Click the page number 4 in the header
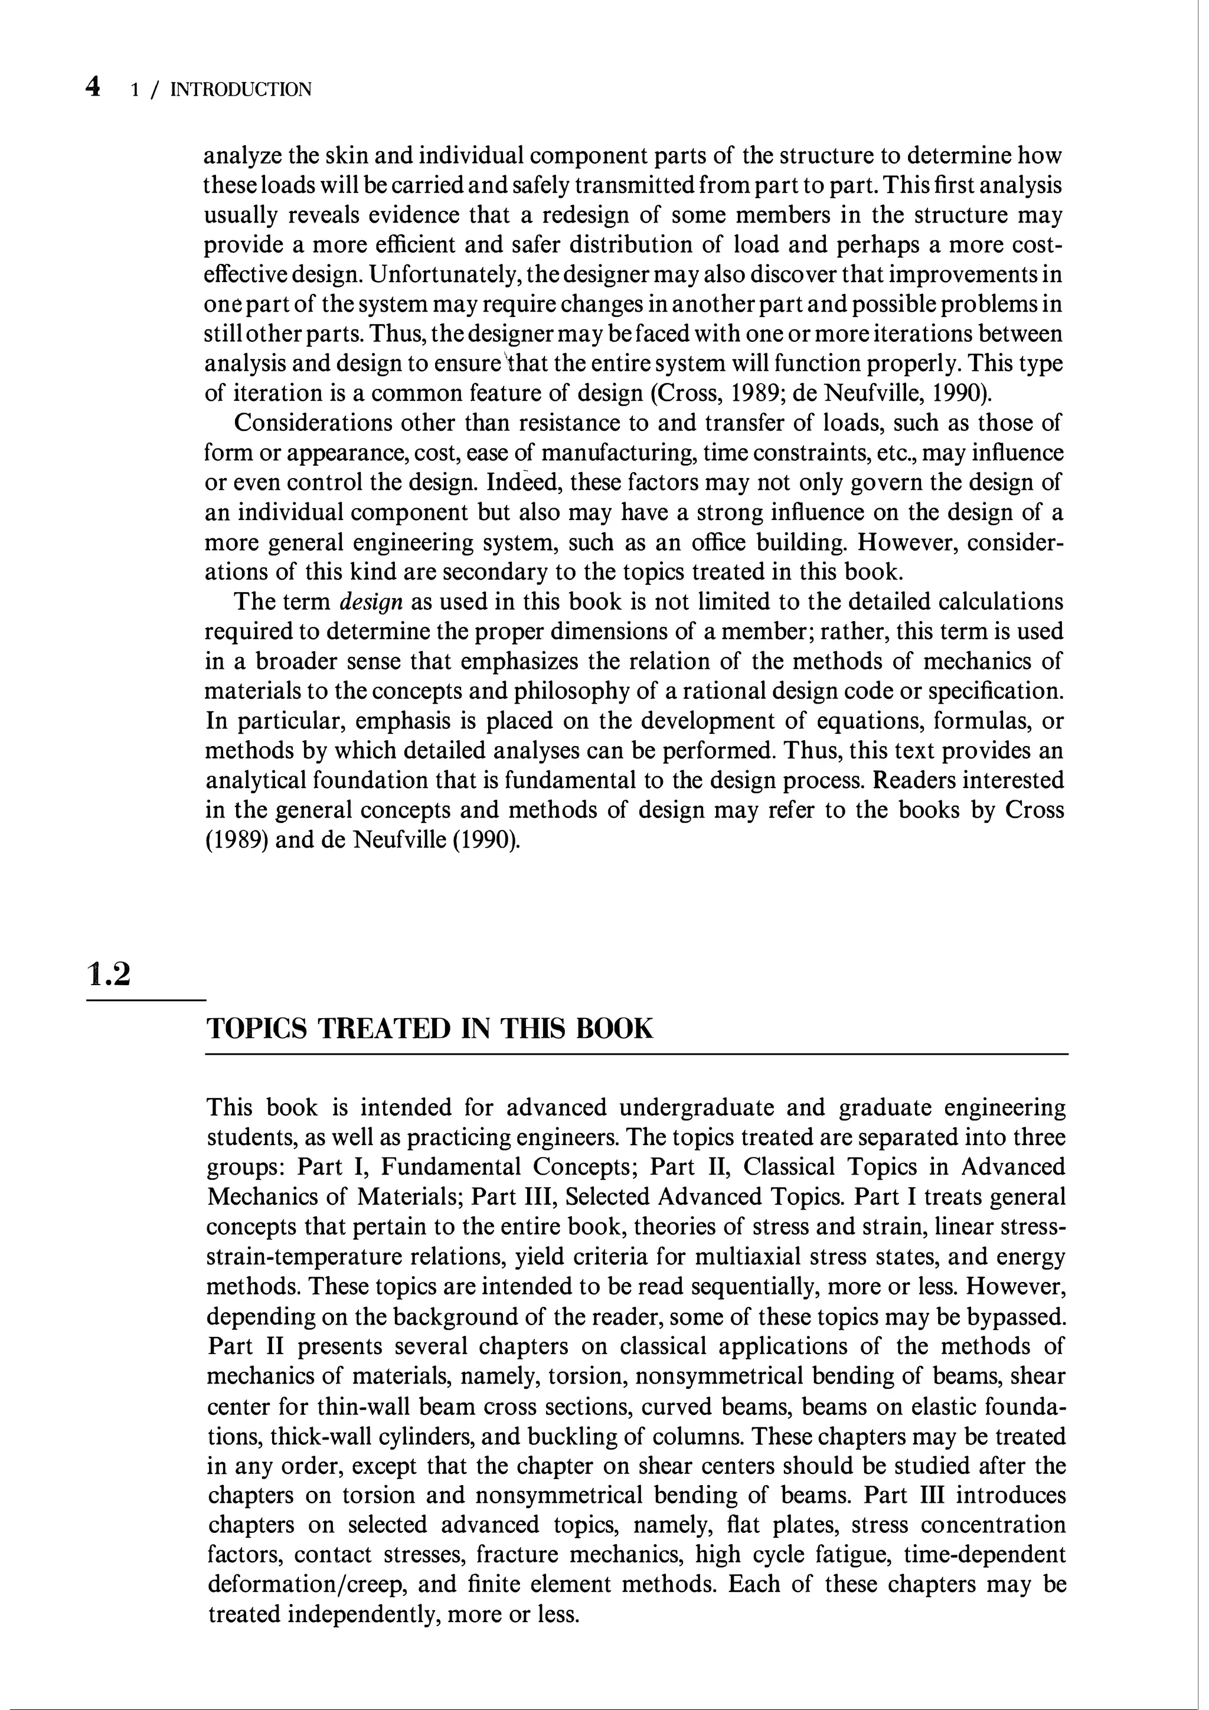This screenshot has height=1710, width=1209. pyautogui.click(x=93, y=88)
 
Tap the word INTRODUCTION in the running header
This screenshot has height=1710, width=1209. pyautogui.click(x=241, y=90)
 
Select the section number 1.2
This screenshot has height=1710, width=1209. pyautogui.click(x=109, y=974)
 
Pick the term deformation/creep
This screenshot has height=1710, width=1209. pyautogui.click(x=307, y=1585)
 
